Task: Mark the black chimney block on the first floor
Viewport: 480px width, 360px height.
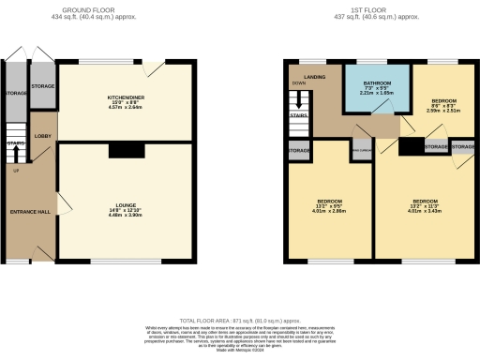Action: click(x=410, y=146)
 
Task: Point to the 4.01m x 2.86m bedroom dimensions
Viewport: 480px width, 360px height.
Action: click(x=330, y=213)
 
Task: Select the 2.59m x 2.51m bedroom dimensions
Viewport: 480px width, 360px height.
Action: click(x=442, y=108)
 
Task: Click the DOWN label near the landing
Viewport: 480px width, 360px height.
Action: click(x=299, y=82)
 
